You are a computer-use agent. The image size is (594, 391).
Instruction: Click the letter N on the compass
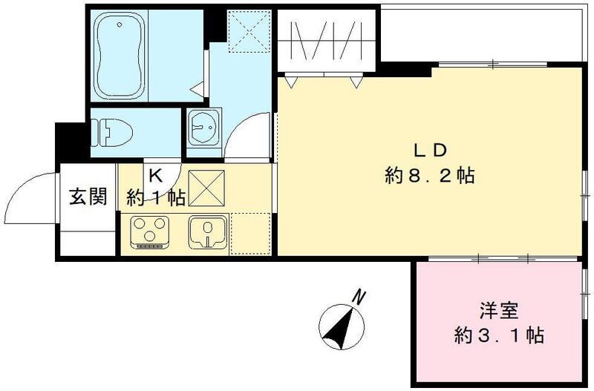[x=360, y=298]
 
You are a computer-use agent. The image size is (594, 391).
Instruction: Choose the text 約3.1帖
[x=499, y=335]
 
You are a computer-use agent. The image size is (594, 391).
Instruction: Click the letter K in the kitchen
[x=155, y=176]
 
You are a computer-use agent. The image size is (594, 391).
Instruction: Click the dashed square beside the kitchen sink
[x=251, y=232]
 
